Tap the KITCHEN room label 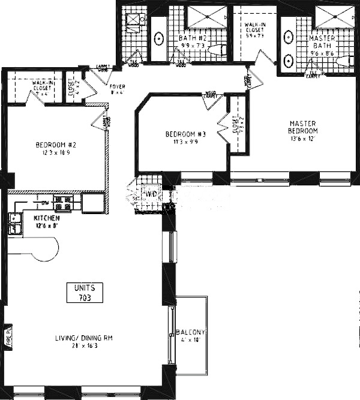click(x=46, y=219)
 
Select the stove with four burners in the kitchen click(x=62, y=203)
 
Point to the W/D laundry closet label click(x=151, y=194)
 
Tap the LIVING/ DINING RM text click(x=85, y=338)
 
